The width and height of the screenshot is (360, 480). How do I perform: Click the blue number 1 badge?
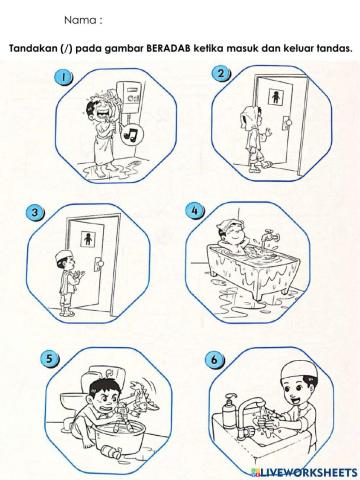click(x=63, y=77)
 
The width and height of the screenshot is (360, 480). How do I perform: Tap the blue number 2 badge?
click(x=220, y=74)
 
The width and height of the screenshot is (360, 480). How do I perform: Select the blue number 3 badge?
click(x=35, y=212)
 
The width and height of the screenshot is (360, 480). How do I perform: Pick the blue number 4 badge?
click(x=195, y=211)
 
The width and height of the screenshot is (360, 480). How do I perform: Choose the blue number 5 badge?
click(x=49, y=359)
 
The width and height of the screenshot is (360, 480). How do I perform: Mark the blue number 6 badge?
click(x=214, y=360)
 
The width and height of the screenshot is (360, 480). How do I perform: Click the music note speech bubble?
click(x=132, y=135)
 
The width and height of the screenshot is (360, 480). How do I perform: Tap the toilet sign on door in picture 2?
click(x=276, y=96)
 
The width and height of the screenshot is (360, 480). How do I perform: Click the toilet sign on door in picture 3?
click(x=88, y=239)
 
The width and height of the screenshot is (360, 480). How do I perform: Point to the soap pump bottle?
click(x=229, y=412)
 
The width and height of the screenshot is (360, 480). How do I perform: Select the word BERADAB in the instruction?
click(x=168, y=48)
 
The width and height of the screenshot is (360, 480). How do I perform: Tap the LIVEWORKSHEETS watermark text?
click(x=304, y=472)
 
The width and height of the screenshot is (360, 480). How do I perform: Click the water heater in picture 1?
click(x=130, y=97)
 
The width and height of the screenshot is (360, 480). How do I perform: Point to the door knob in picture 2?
click(x=287, y=122)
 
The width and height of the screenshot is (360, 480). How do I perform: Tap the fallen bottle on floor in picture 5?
click(x=111, y=453)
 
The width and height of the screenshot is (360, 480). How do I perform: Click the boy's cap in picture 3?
click(x=64, y=256)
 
